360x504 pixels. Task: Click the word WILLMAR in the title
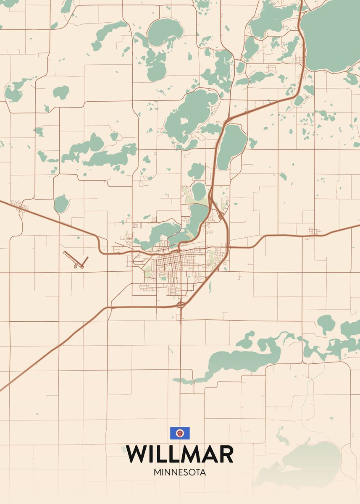point(180,454)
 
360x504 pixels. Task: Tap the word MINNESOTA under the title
point(180,472)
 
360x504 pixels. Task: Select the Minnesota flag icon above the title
point(180,433)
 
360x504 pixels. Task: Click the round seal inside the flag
point(180,433)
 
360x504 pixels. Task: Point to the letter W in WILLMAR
point(137,454)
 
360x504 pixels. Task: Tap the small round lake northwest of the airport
point(61,204)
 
